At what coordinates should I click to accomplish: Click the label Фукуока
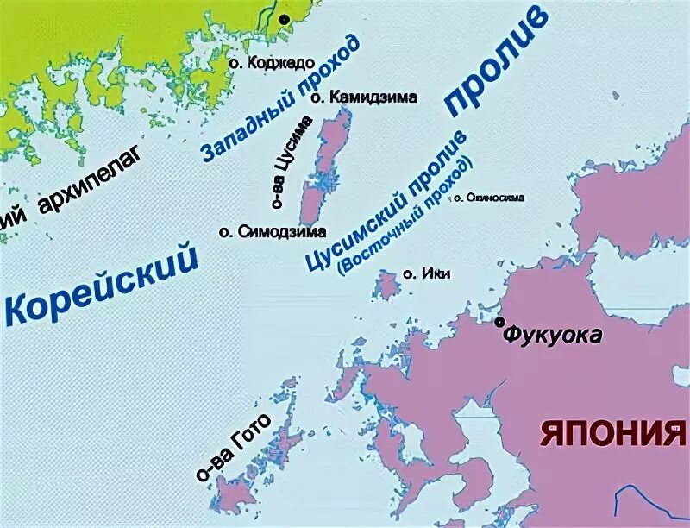click(x=553, y=335)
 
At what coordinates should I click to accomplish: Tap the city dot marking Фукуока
click(x=499, y=323)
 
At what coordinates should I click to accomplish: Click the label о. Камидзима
click(x=363, y=97)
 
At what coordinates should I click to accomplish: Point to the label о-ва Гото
click(x=232, y=445)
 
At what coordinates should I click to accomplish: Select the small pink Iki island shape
click(x=386, y=284)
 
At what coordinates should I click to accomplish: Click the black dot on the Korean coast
click(x=284, y=18)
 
